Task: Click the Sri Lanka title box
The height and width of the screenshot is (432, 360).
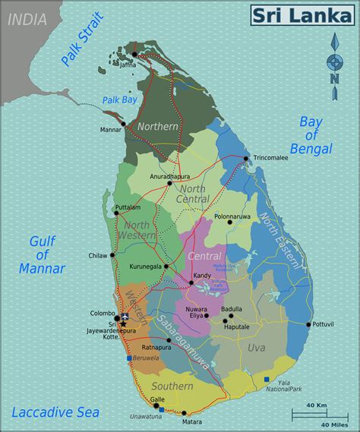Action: [x=302, y=14]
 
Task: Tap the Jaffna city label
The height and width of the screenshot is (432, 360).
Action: [x=128, y=65]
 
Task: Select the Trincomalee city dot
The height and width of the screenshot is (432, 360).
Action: [x=246, y=158]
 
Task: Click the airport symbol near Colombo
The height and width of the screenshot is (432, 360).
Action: [x=125, y=317]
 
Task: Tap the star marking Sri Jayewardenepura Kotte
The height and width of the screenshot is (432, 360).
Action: [x=123, y=324]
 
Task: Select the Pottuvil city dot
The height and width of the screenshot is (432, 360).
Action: [x=308, y=324]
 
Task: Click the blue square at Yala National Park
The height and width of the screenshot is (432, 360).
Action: [x=267, y=379]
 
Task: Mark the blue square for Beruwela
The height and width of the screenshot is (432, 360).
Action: [x=130, y=358]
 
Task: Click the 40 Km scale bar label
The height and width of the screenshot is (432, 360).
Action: [x=316, y=406]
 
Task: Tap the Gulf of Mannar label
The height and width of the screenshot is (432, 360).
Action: [x=43, y=254]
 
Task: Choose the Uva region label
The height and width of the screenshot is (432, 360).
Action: [x=256, y=348]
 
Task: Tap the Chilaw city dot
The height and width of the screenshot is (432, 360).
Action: [x=112, y=255]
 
